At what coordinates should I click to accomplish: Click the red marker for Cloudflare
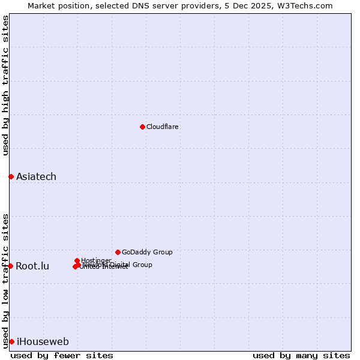(142, 127)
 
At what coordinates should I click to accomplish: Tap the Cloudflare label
(163, 127)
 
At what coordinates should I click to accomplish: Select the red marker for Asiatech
(11, 176)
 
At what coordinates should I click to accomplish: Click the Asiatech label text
(36, 176)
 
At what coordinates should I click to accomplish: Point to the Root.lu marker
(10, 266)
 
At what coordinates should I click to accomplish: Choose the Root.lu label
(32, 266)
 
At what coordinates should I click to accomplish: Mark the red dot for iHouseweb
(11, 341)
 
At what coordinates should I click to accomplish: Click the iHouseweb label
(43, 342)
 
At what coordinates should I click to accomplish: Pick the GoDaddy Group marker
(118, 252)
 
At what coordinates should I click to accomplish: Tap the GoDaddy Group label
(147, 252)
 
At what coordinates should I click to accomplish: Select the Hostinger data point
(77, 260)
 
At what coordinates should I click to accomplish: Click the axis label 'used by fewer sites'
(62, 355)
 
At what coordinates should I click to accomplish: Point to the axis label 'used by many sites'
(301, 355)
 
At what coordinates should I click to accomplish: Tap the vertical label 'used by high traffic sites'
(5, 85)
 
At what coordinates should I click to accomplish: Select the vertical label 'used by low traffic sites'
(5, 280)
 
